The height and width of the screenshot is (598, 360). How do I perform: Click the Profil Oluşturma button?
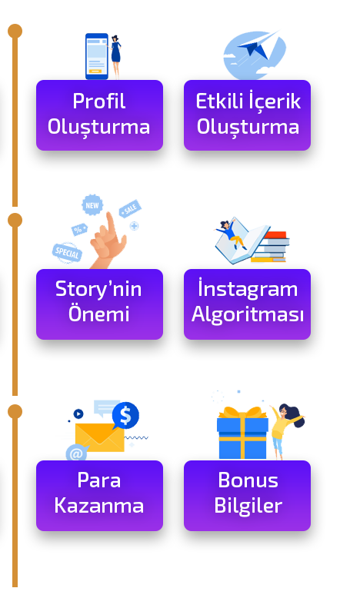[x=100, y=115]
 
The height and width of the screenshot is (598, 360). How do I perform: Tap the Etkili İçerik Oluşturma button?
[x=248, y=115]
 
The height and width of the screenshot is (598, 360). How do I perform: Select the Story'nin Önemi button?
[x=100, y=304]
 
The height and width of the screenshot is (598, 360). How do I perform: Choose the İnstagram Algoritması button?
[x=248, y=304]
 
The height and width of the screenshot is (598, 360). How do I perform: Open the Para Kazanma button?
[x=100, y=496]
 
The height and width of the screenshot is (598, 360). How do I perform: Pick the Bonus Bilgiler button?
[x=248, y=496]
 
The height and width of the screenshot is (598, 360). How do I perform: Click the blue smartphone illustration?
[x=97, y=56]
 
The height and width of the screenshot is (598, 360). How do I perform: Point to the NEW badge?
[x=92, y=205]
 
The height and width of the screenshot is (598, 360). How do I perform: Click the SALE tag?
[x=130, y=208]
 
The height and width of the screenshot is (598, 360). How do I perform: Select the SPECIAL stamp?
[x=67, y=252]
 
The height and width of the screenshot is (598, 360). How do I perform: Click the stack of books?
[x=271, y=247]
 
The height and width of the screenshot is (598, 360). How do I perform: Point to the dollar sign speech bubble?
[x=125, y=416]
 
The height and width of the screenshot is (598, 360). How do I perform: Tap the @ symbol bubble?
[x=76, y=453]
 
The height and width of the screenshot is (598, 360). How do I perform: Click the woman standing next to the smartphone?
[x=116, y=56]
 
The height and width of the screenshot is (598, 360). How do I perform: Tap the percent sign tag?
[x=79, y=230]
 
